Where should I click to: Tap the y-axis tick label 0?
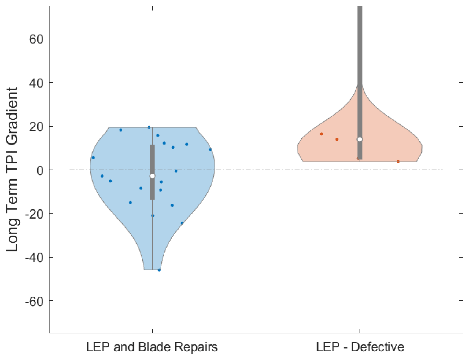pyautogui.click(x=40, y=170)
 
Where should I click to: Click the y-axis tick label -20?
pyautogui.click(x=35, y=214)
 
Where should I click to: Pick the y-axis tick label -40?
pyautogui.click(x=35, y=257)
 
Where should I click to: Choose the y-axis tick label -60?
pyautogui.click(x=35, y=301)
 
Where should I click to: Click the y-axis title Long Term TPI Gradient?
pyautogui.click(x=12, y=170)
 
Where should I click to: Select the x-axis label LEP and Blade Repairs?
pyautogui.click(x=152, y=347)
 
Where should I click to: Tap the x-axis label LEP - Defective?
pyautogui.click(x=360, y=347)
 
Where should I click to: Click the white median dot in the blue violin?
pyautogui.click(x=152, y=176)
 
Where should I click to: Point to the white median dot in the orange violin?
pyautogui.click(x=360, y=139)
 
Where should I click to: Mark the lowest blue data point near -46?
pyautogui.click(x=159, y=270)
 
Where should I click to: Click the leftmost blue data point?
pyautogui.click(x=93, y=158)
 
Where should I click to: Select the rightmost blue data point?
pyautogui.click(x=210, y=150)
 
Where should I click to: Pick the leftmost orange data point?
pyautogui.click(x=322, y=134)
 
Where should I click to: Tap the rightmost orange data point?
pyautogui.click(x=398, y=162)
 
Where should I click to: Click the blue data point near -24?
pyautogui.click(x=182, y=223)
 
